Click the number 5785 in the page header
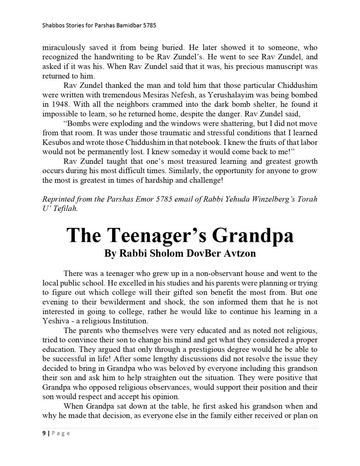(149, 26)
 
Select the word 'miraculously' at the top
(64, 48)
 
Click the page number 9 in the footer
(44, 433)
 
